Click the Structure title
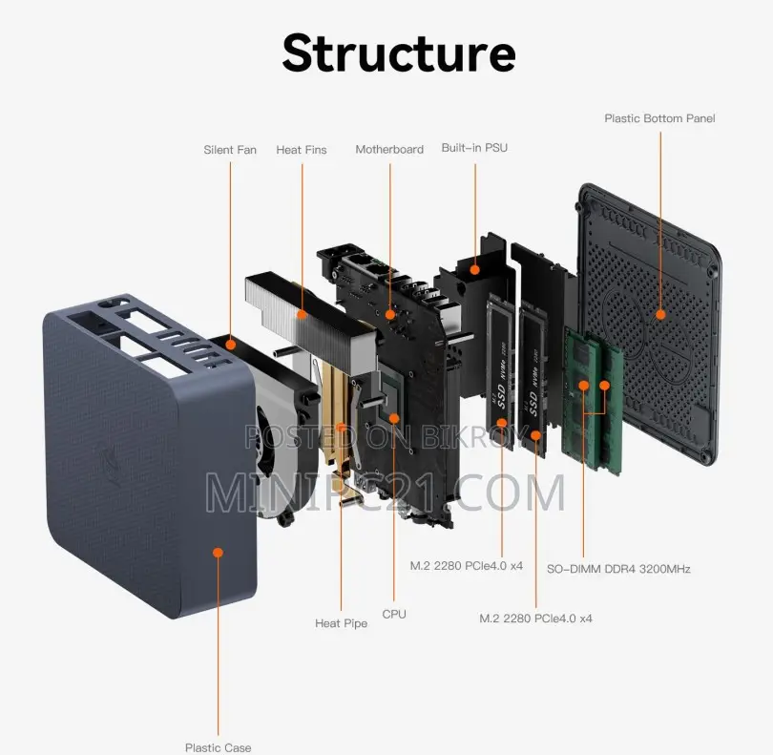click(x=399, y=53)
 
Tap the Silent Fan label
click(x=230, y=150)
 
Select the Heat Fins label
click(x=302, y=150)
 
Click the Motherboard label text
click(x=389, y=150)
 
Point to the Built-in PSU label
click(x=474, y=147)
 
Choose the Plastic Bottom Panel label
click(x=659, y=118)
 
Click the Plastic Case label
click(x=218, y=747)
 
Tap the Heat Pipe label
click(x=341, y=623)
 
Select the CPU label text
click(x=394, y=614)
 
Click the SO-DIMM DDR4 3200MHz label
click(x=618, y=569)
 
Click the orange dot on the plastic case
click(x=218, y=553)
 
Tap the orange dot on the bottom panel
click(x=660, y=315)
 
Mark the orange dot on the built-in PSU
click(x=474, y=270)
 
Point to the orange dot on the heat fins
click(x=303, y=314)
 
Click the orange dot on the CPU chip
click(x=394, y=419)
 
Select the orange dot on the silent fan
click(x=230, y=346)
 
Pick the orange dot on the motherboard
click(x=390, y=315)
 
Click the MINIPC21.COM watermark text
click(x=385, y=493)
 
